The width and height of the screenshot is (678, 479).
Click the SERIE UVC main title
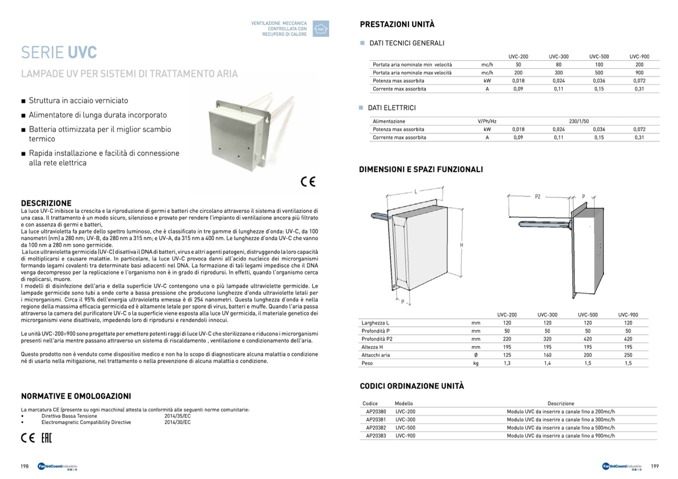(x=59, y=52)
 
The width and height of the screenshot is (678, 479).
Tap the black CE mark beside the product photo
(x=308, y=181)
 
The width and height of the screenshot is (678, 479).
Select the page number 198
(x=24, y=467)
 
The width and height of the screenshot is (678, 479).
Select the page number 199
(x=654, y=467)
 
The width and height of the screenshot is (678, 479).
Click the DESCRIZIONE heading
(x=46, y=203)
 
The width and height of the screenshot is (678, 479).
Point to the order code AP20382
(x=376, y=428)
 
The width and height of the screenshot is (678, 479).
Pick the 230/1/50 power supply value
(x=578, y=121)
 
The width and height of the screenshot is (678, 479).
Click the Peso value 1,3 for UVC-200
(x=507, y=363)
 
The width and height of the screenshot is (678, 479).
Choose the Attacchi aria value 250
(x=628, y=355)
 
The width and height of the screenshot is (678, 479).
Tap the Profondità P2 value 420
(x=587, y=339)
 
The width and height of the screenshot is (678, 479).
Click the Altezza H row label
(x=372, y=347)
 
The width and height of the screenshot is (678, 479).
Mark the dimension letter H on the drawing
(x=461, y=245)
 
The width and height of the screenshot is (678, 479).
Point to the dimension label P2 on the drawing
(x=537, y=197)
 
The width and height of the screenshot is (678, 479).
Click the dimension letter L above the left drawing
(x=415, y=192)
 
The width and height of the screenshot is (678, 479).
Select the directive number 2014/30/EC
(x=177, y=422)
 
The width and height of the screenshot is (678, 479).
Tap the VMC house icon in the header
(x=320, y=29)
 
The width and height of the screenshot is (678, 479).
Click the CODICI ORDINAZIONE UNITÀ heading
(x=411, y=386)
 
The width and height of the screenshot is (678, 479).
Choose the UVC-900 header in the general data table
(x=639, y=56)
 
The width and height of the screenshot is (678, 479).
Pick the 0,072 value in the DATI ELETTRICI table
(x=639, y=129)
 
